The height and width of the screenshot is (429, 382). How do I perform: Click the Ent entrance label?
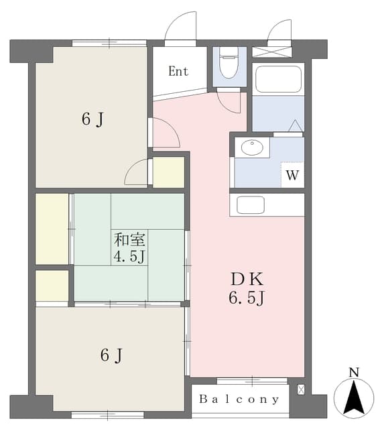point(178,72)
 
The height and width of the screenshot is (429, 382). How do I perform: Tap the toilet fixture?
point(229,62)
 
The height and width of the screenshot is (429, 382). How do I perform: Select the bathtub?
point(278,79)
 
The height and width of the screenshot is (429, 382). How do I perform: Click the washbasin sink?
point(252,147)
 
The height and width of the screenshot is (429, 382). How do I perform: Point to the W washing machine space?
point(292,174)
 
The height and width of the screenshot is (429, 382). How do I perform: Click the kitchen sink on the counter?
point(251,204)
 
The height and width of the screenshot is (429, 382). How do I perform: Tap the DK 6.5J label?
point(247,288)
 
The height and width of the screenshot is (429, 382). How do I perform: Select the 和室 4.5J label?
point(129,248)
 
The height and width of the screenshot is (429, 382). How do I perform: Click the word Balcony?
point(239,399)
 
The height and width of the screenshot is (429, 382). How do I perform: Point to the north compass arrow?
point(354,396)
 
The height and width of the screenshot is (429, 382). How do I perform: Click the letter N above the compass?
point(355,373)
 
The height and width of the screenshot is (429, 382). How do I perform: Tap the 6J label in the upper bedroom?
point(92,119)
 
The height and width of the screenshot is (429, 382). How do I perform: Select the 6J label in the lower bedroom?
point(111,355)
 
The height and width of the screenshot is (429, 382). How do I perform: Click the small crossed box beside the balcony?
point(301,389)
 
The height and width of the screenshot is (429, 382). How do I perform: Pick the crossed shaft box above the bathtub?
point(271,52)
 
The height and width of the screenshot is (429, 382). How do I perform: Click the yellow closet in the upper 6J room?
point(168,172)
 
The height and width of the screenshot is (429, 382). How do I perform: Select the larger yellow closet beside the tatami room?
point(52,229)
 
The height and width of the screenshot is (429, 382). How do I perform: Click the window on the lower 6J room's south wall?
point(107,416)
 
